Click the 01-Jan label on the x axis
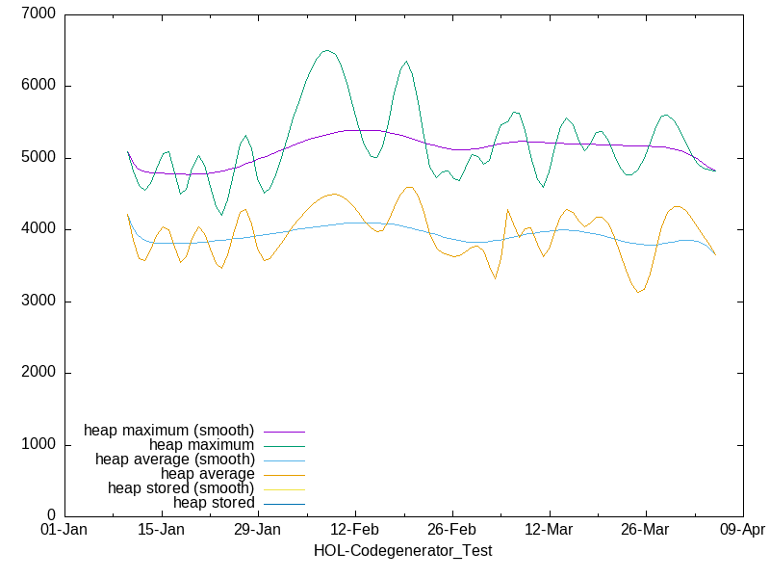pos(64,531)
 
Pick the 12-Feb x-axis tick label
pos(355,531)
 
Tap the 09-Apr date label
pos(742,531)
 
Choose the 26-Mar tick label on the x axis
pos(645,531)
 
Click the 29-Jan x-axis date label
pos(258,531)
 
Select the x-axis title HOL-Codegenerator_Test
pos(403,551)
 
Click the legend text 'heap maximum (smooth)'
pos(169,430)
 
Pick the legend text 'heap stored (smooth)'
pos(181,487)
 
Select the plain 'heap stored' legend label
pos(214,502)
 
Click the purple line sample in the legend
pos(284,431)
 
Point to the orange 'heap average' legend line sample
pos(284,474)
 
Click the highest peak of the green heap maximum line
pos(326,50)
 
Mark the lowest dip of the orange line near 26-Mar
pos(638,292)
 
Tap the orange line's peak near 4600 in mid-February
pos(409,187)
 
